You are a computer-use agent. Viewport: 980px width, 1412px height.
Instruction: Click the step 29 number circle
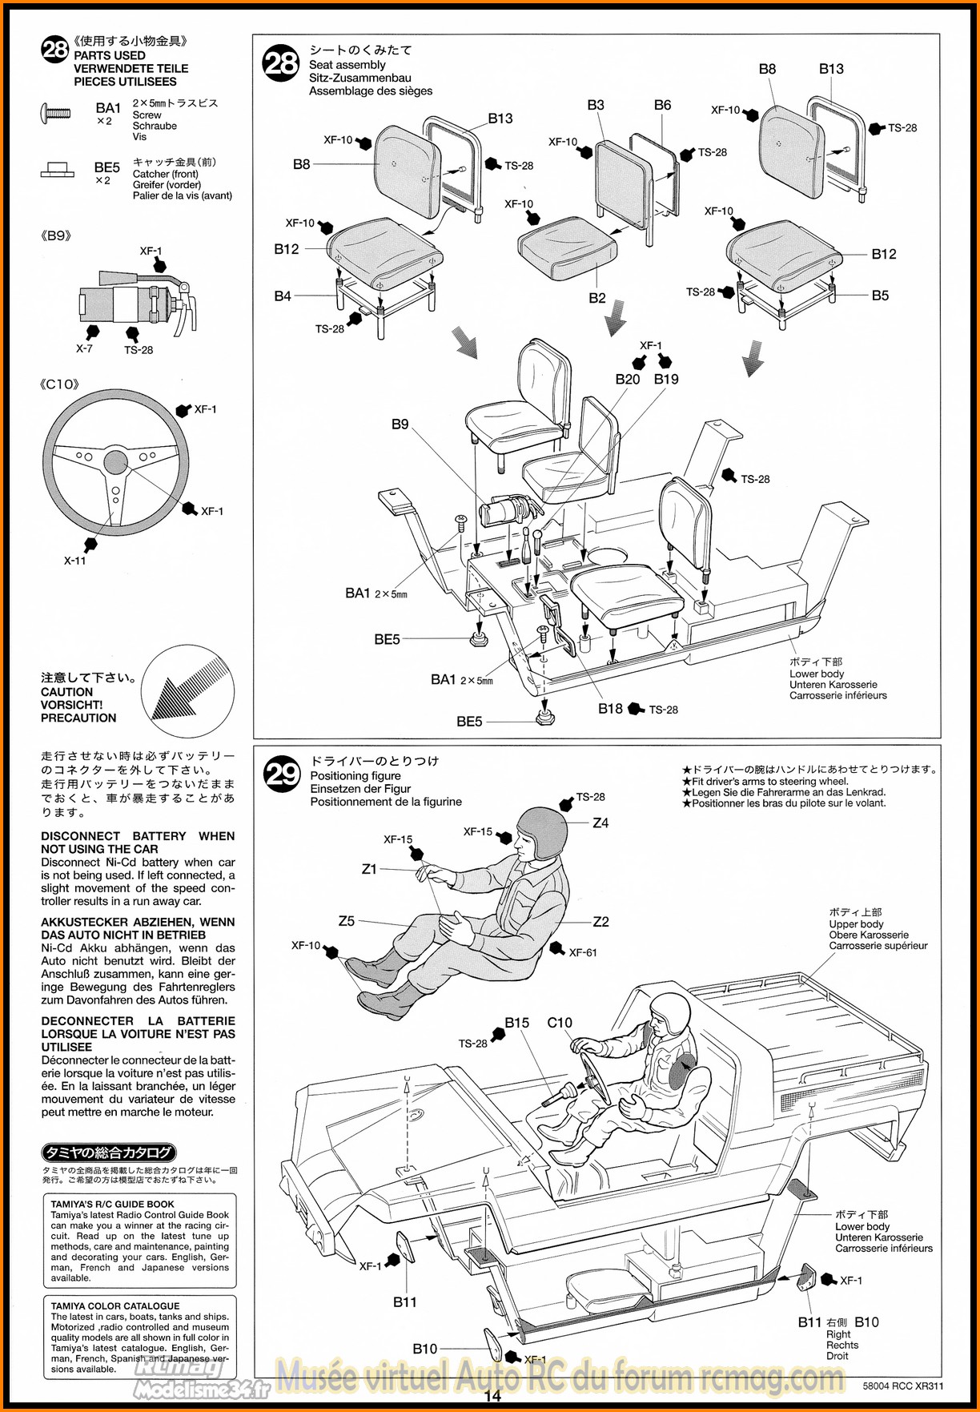pos(282,774)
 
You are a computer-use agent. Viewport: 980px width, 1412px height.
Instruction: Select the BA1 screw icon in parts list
pos(54,114)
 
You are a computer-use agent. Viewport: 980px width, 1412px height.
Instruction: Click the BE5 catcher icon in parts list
pos(55,170)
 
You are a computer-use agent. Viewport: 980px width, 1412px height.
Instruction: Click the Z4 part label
pos(600,823)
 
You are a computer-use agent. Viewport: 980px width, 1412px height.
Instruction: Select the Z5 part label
pos(347,921)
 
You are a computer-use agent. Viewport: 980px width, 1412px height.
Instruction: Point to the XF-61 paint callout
pos(583,952)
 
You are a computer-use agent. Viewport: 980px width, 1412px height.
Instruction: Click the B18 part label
pos(610,709)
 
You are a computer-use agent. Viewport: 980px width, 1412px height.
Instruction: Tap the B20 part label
pos(628,379)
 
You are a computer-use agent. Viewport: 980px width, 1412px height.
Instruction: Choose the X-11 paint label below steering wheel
pos(74,561)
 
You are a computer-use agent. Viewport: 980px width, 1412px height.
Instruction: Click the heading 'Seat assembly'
pos(347,65)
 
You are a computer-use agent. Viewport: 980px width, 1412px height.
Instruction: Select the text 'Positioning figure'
pos(355,775)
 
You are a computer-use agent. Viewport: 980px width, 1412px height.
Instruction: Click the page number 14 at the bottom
pos(492,1395)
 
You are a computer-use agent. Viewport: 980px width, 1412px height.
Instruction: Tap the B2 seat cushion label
pos(597,298)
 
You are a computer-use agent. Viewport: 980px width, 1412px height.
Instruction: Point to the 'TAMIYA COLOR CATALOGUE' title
pos(115,1305)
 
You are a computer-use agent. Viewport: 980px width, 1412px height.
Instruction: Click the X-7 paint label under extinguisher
pos(84,349)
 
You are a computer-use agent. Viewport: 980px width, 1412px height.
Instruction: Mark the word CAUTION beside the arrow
pos(66,692)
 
